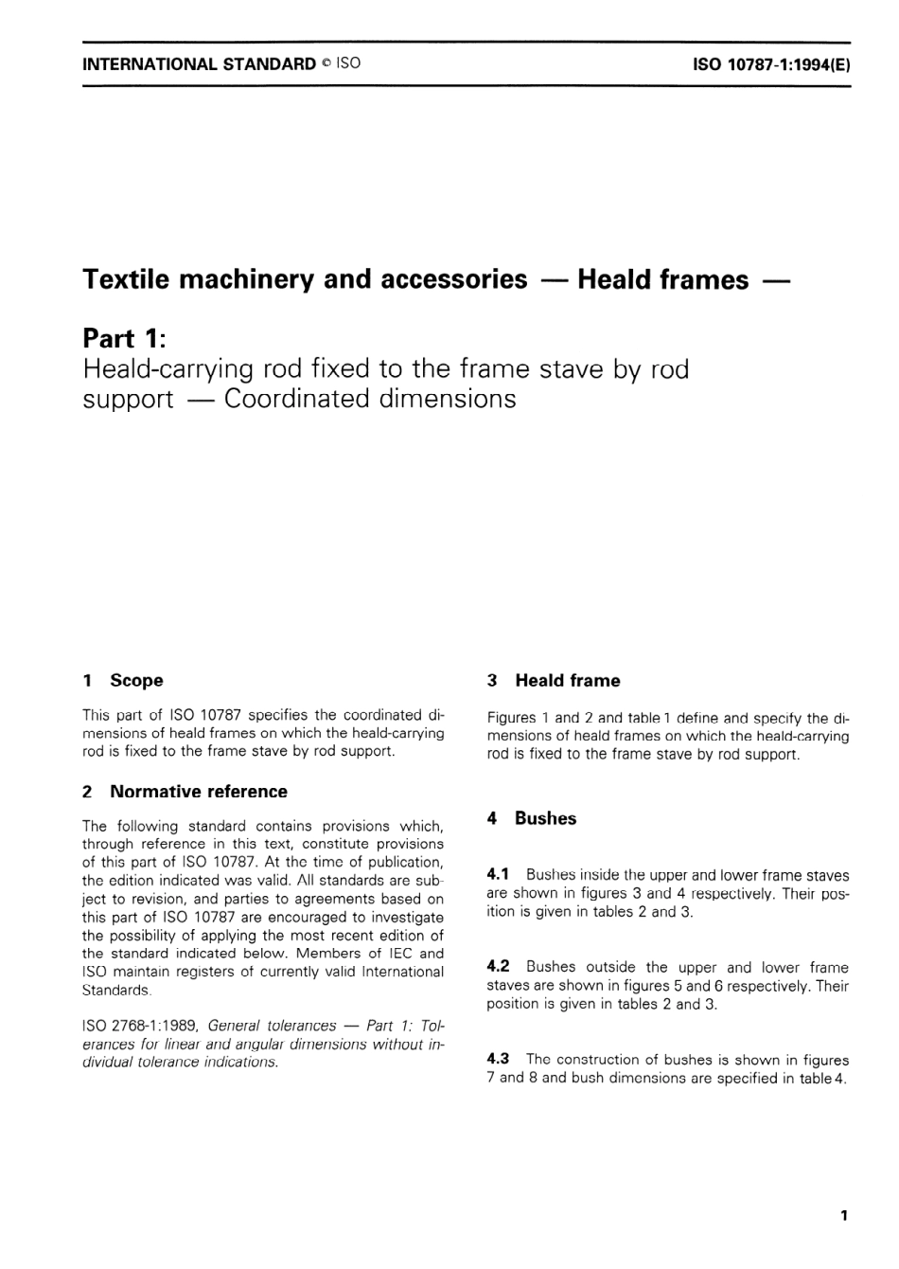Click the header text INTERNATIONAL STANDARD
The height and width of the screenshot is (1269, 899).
click(x=199, y=64)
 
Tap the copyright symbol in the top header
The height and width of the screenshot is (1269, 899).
click(x=325, y=64)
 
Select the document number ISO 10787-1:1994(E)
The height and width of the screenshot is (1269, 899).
click(x=771, y=64)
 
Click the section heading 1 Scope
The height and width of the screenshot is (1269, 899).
click(x=123, y=680)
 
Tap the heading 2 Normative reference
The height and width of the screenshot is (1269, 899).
click(x=185, y=792)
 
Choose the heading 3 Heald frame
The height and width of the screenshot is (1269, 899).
click(x=554, y=680)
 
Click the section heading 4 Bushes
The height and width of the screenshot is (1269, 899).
click(x=532, y=818)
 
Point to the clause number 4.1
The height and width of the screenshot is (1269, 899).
click(x=498, y=874)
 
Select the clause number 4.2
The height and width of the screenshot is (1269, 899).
click(x=498, y=966)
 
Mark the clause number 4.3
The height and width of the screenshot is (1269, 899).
click(x=498, y=1059)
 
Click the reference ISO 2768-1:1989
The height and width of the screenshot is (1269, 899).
click(x=141, y=1026)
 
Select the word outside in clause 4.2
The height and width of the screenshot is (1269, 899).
click(x=611, y=967)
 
